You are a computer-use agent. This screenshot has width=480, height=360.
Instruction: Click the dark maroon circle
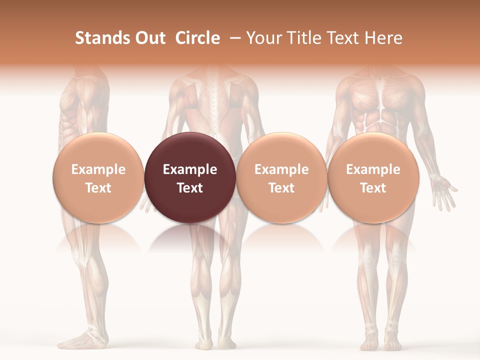(190, 177)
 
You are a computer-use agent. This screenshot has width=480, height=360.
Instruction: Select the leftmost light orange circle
(98, 177)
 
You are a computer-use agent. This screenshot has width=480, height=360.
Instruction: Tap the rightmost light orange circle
(373, 177)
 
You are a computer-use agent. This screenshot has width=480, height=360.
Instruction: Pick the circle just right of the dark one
(281, 177)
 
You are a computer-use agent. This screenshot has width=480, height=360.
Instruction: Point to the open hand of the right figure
(444, 189)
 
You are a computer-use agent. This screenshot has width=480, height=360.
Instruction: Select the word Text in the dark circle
(190, 188)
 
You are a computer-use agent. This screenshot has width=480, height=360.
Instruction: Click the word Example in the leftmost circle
(98, 169)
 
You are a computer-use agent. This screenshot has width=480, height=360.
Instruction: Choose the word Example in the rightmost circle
(373, 169)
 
